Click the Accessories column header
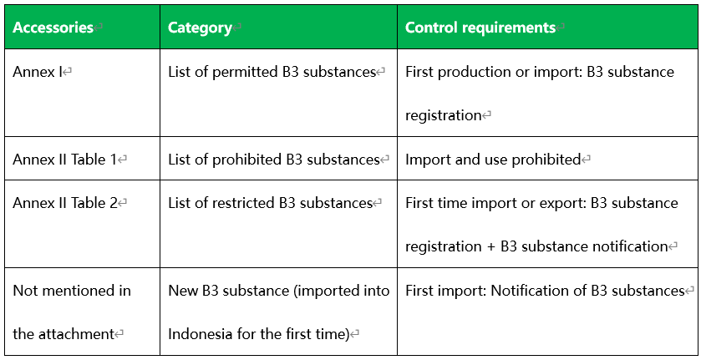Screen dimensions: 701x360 53,28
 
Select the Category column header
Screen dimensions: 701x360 200,28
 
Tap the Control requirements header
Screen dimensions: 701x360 480,28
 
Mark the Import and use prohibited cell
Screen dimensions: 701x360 493,160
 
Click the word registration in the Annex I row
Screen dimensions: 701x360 444,116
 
